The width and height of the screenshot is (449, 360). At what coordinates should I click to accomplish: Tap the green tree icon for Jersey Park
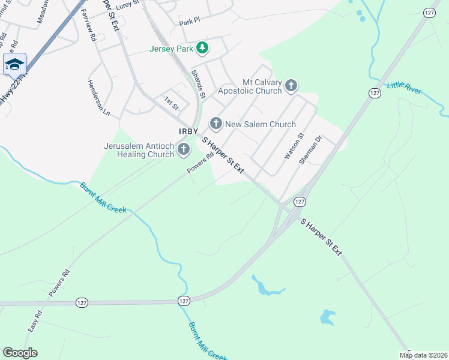pyautogui.click(x=202, y=47)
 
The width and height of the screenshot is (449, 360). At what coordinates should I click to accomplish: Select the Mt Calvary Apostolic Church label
pyautogui.click(x=262, y=86)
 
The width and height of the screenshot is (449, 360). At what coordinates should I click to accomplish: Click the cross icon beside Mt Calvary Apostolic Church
pyautogui.click(x=291, y=86)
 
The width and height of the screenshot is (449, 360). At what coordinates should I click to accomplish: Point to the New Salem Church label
pyautogui.click(x=260, y=124)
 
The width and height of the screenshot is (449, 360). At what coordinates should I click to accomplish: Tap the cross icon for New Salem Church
pyautogui.click(x=215, y=124)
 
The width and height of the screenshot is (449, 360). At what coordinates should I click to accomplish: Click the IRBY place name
pyautogui.click(x=188, y=131)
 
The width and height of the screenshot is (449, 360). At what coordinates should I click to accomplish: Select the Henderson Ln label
pyautogui.click(x=99, y=98)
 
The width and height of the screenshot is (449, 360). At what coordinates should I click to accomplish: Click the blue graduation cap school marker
pyautogui.click(x=14, y=64)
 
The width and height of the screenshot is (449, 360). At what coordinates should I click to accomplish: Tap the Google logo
pyautogui.click(x=20, y=353)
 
